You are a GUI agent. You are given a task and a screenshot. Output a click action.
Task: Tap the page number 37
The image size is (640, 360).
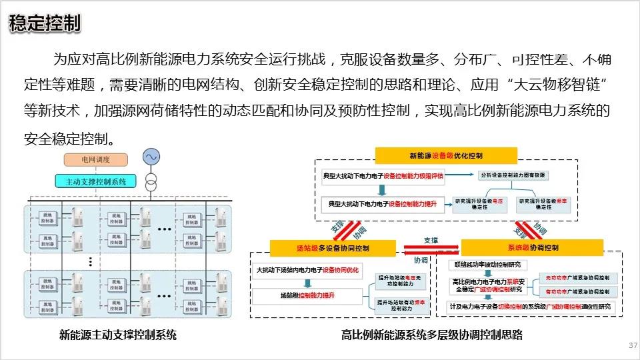click(x=633, y=345)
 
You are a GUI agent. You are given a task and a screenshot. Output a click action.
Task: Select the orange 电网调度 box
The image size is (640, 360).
click(x=95, y=160)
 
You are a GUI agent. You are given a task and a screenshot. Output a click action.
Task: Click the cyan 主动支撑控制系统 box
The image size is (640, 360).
click(x=96, y=181)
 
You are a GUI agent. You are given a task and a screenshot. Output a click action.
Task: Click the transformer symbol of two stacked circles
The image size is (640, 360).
click(x=151, y=181)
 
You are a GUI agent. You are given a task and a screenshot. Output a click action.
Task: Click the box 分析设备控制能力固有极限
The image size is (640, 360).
click(x=513, y=175)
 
